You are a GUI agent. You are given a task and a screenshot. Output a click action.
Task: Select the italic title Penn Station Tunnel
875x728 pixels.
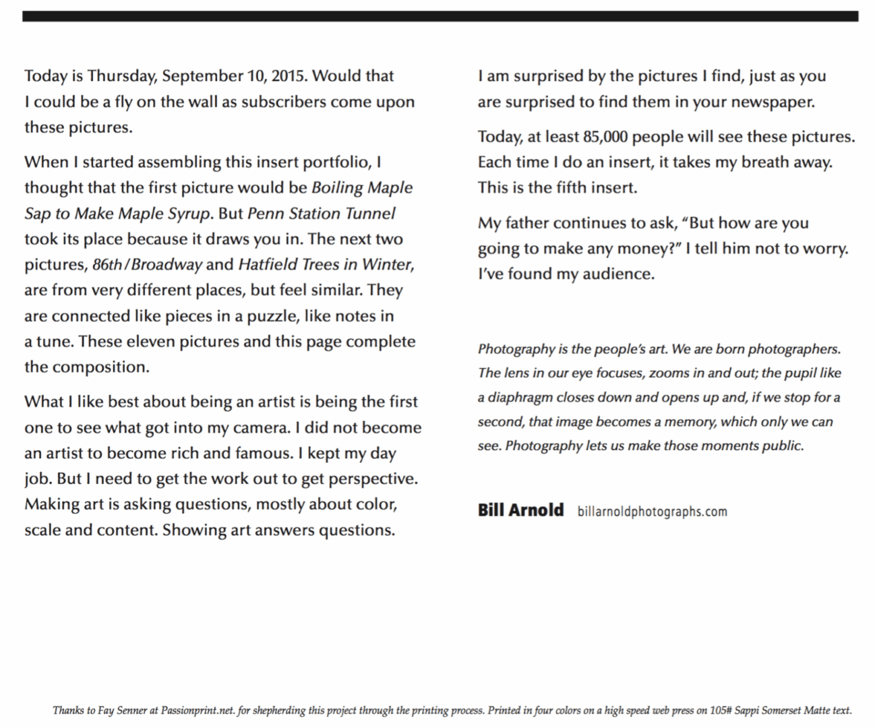[x=321, y=214]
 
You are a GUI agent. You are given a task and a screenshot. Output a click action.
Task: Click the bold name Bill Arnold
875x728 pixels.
[x=520, y=510]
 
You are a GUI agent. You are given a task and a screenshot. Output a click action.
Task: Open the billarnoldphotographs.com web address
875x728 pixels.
[x=652, y=511]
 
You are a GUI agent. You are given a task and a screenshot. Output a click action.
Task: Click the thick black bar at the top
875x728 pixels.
[x=440, y=16]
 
